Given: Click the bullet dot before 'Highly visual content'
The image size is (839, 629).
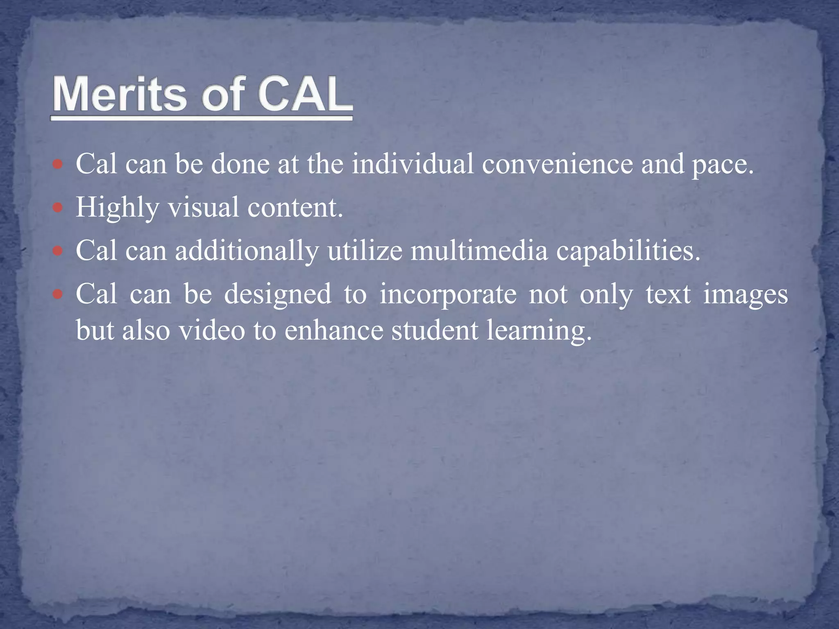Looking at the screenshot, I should click(x=58, y=208).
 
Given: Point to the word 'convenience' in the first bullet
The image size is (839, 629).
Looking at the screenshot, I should click(x=557, y=164).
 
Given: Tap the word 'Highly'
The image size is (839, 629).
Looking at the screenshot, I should click(x=117, y=208).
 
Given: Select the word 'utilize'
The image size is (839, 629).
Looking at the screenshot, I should click(x=365, y=251).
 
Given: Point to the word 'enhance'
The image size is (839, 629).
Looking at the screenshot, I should click(x=333, y=330).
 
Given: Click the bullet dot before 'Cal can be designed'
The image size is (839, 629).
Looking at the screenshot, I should click(x=58, y=294).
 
